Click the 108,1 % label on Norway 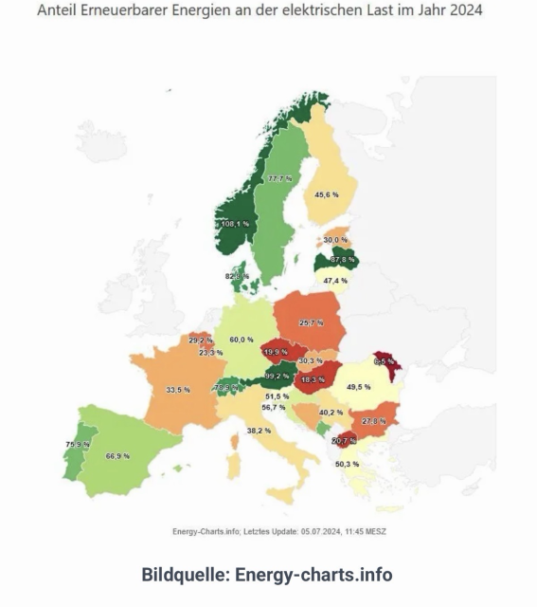coord(235,224)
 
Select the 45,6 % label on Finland coord(326,194)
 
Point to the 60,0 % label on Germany coord(242,339)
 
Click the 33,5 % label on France coord(177,390)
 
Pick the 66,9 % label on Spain coord(117,456)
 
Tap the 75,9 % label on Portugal coord(78,445)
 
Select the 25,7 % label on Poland coord(312,323)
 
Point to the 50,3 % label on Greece coord(348,464)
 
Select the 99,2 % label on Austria coord(277,376)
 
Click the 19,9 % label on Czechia coord(276,352)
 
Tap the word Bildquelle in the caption coord(183,575)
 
